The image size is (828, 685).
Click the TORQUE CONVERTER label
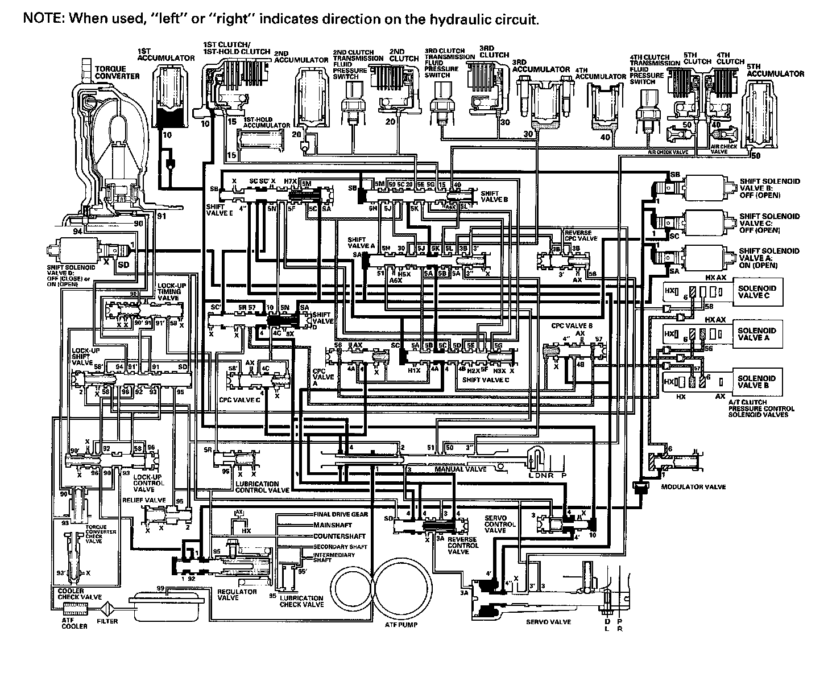117,72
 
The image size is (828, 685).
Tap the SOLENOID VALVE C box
756,291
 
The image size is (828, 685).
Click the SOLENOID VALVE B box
756,382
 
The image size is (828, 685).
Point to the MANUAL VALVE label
461,469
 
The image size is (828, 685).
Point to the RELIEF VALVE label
144,500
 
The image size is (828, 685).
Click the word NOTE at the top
43,19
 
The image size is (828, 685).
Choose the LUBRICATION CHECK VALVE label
301,601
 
